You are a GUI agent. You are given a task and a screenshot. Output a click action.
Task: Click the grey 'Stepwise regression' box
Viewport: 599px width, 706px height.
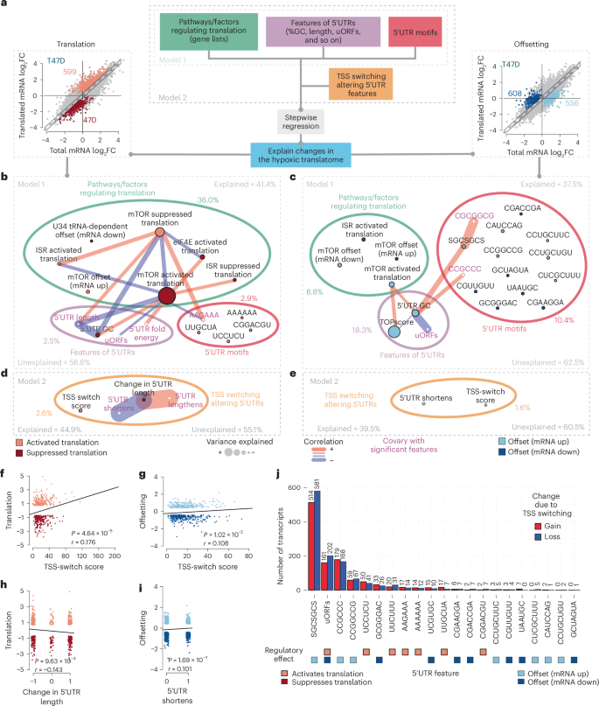coord(301,122)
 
